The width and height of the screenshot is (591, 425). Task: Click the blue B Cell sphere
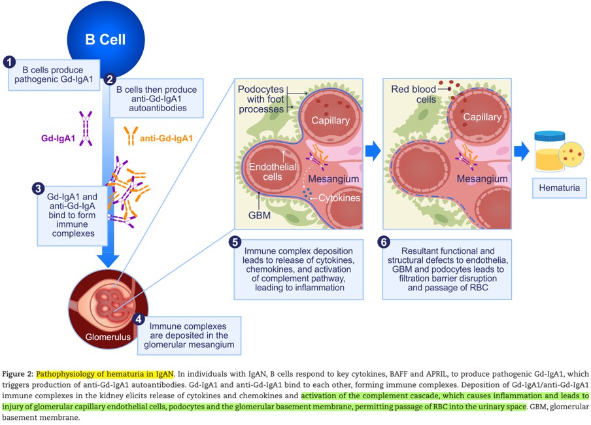(x=106, y=39)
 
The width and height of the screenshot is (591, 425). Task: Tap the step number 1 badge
(x=9, y=62)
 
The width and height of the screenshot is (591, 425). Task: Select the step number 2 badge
(x=110, y=79)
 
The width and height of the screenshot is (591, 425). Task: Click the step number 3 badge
(x=38, y=188)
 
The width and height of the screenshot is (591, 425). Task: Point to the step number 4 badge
(x=139, y=319)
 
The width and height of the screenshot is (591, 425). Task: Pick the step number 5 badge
(x=235, y=242)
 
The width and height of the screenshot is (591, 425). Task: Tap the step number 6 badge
(x=384, y=242)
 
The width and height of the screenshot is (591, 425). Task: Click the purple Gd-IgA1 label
(x=58, y=139)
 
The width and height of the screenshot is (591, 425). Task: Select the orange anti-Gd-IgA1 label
(x=166, y=139)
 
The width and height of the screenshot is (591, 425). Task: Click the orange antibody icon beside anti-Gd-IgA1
(x=131, y=136)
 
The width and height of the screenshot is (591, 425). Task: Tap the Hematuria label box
(x=560, y=188)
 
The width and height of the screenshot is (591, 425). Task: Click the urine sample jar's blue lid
(x=550, y=135)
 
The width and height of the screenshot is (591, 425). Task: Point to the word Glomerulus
(x=108, y=337)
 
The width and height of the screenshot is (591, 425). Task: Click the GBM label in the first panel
(x=260, y=215)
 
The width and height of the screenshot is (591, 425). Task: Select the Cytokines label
(x=339, y=197)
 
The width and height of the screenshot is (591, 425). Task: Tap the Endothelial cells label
(x=273, y=171)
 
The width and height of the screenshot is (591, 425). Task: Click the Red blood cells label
(x=413, y=94)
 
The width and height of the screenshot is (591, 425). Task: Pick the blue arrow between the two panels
(x=373, y=151)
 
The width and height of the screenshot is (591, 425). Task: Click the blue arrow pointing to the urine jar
(x=521, y=151)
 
